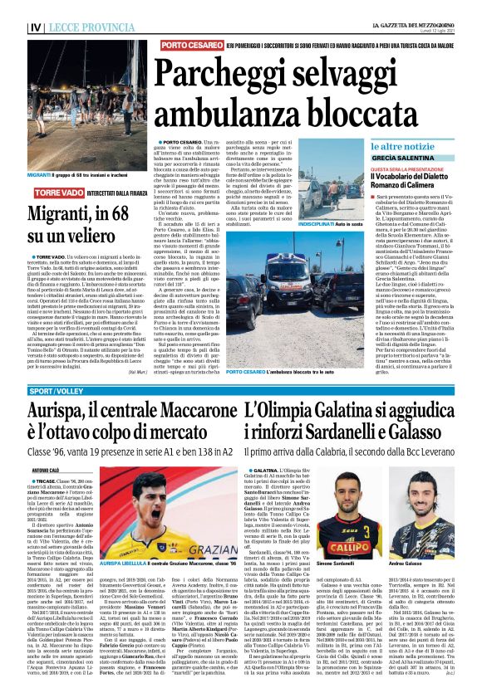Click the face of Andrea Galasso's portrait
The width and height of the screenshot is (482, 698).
point(431,515)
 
